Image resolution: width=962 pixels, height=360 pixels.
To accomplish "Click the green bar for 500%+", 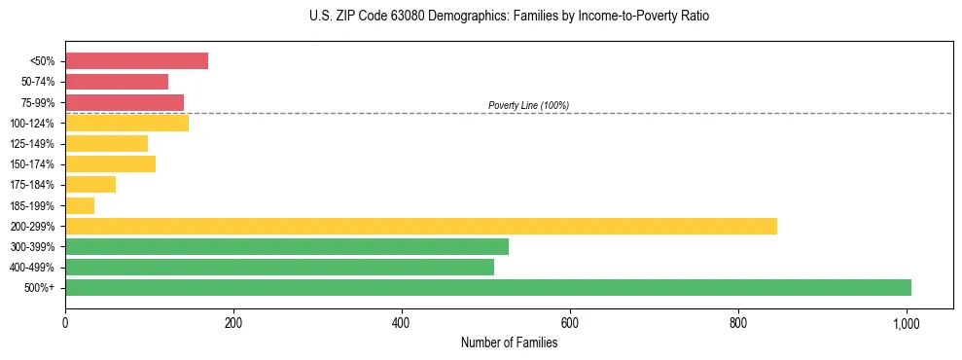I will point(488,287).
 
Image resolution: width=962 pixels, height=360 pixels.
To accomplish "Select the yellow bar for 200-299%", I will point(421,226).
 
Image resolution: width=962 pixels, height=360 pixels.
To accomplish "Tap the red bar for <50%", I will point(136,61).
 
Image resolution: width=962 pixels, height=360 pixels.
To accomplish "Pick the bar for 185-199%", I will point(80,205).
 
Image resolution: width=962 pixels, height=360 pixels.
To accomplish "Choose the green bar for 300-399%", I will point(287,246).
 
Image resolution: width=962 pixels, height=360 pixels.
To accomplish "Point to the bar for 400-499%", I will point(279,267).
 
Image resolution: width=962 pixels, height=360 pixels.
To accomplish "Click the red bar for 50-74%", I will point(117,82).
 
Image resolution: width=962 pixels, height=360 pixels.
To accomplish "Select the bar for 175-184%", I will point(90,185).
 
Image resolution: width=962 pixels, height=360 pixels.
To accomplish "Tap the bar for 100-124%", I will point(126,123).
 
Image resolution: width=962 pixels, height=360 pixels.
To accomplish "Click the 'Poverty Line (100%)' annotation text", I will point(528,105).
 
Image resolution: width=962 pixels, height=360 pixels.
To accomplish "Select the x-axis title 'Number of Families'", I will point(509,342).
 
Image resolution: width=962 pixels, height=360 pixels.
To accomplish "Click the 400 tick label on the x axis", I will point(402,321).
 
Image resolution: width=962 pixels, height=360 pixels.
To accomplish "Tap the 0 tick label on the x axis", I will point(65,321).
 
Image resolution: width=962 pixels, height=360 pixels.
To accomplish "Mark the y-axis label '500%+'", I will point(40,288).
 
